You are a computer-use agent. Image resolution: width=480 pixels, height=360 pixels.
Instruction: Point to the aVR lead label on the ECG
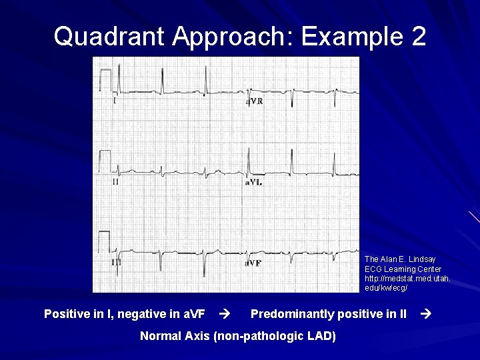coord(255,101)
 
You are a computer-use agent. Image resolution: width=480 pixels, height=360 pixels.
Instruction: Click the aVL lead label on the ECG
coord(255,181)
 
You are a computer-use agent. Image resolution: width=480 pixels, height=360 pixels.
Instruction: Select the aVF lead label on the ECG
coord(253,263)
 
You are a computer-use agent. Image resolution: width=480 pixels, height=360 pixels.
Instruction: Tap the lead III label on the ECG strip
coord(117,263)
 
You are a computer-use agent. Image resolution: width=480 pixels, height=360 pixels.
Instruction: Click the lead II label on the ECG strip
coord(115,181)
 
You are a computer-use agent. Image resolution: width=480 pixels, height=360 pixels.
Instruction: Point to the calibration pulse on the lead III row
coord(105,241)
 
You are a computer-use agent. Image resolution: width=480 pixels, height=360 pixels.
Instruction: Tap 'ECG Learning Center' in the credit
coord(403,269)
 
